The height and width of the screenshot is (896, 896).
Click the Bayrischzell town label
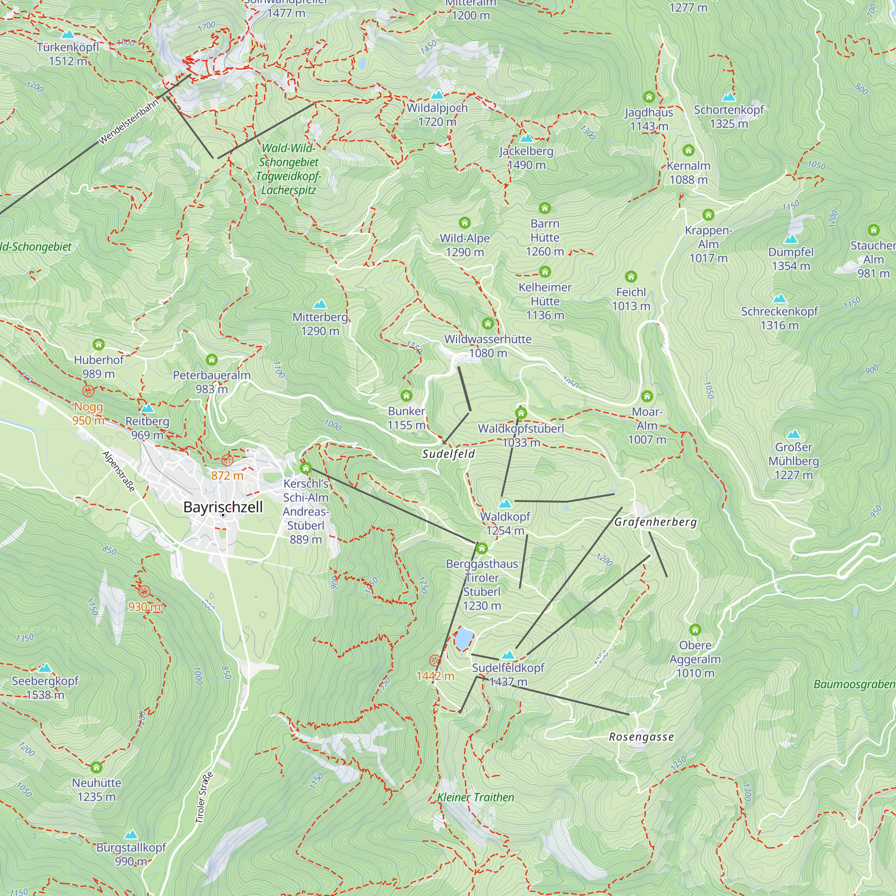[223, 507]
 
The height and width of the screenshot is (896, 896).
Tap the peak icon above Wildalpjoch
[437, 95]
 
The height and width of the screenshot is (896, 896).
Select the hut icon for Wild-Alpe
[464, 223]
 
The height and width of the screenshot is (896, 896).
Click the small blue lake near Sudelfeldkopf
[463, 640]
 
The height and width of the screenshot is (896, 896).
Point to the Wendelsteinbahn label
[129, 121]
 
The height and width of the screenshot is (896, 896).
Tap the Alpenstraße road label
[119, 471]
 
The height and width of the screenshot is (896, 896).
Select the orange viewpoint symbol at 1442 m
[435, 660]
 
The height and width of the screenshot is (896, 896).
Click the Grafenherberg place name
[655, 522]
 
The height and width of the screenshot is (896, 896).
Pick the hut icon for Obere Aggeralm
[695, 630]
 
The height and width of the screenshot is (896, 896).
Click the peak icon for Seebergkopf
[45, 668]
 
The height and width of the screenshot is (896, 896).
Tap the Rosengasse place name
[642, 737]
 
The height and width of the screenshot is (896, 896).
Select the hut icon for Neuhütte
[96, 767]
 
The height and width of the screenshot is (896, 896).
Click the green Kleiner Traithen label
[476, 797]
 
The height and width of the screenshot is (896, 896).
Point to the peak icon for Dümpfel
[791, 239]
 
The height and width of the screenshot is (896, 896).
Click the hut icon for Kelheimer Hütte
[545, 272]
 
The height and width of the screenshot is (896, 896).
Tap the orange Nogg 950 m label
[88, 414]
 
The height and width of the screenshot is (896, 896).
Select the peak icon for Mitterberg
[320, 304]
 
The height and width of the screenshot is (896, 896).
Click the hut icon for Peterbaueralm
[211, 360]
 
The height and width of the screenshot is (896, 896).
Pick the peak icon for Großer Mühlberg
[793, 435]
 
